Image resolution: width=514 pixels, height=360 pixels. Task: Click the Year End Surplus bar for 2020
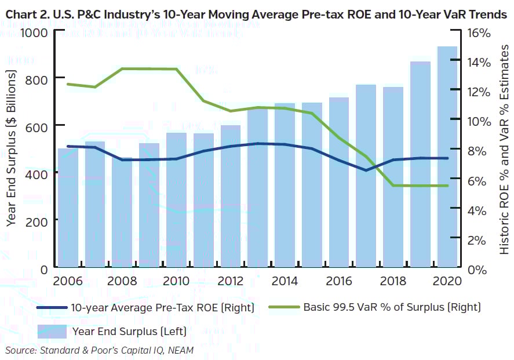pos(447,157)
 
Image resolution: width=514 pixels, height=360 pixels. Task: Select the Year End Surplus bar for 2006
pos(68,209)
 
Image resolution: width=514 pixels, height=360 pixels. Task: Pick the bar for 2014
pos(285,186)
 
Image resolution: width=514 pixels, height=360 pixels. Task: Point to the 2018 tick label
pos(393,281)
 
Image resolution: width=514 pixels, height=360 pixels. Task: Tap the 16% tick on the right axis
pos(475,32)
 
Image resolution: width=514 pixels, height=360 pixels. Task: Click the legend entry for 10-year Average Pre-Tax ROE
pos(162,308)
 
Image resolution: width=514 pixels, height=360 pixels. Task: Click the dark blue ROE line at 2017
pos(366,170)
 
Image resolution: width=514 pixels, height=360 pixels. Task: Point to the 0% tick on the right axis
pos(472,270)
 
